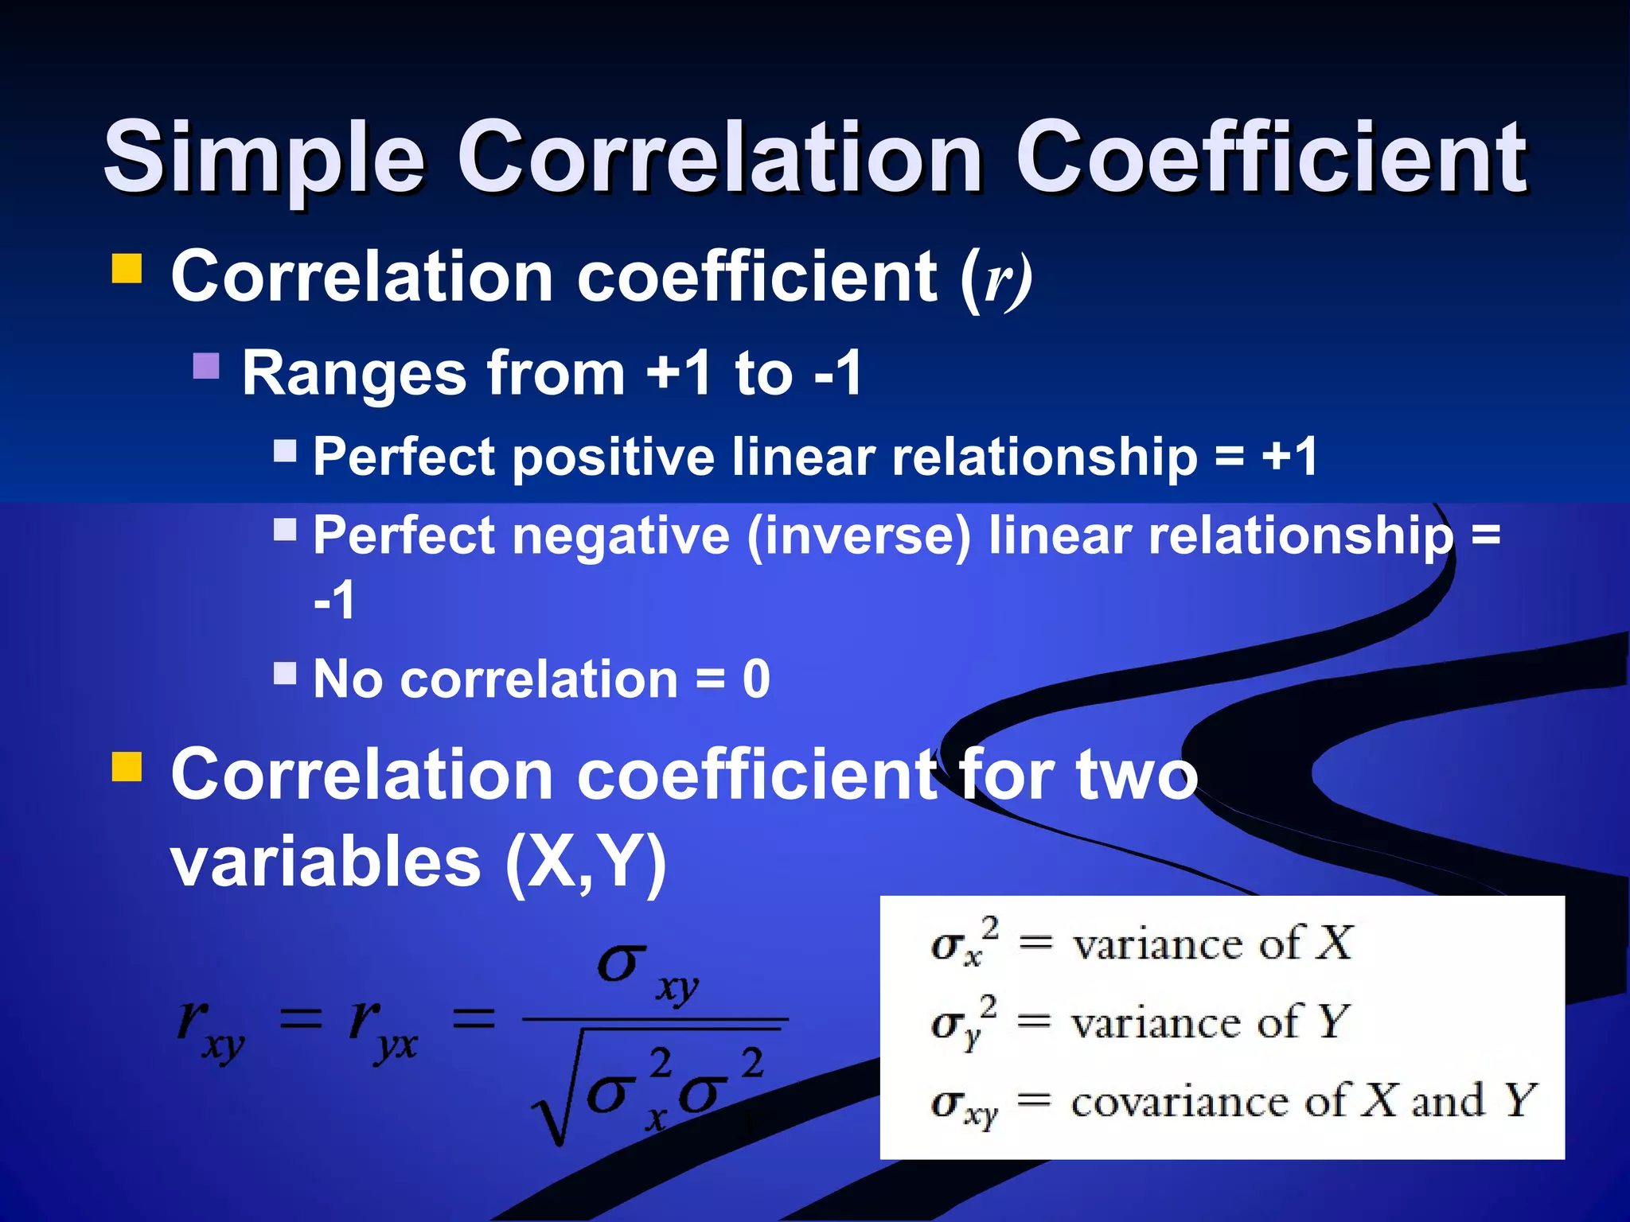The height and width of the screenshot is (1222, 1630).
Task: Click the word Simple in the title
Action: tap(263, 158)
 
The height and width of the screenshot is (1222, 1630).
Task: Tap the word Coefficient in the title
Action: tap(1270, 157)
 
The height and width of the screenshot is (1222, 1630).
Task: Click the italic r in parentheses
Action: tap(996, 280)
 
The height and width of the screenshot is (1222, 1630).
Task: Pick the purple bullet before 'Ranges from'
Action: tap(206, 367)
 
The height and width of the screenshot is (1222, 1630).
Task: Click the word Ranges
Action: tap(354, 373)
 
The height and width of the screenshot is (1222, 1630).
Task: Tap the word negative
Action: tap(621, 536)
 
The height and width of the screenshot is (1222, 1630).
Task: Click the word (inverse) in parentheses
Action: tap(859, 536)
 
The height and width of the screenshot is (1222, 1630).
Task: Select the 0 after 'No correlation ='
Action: tap(756, 679)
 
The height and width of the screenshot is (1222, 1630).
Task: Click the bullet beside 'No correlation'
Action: tap(285, 674)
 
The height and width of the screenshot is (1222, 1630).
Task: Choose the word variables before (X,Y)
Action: tap(326, 862)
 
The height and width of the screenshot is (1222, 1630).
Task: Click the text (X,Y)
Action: tap(586, 864)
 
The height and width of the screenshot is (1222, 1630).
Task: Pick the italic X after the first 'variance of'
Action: tap(1333, 944)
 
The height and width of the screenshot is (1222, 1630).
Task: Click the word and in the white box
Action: tap(1448, 1102)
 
